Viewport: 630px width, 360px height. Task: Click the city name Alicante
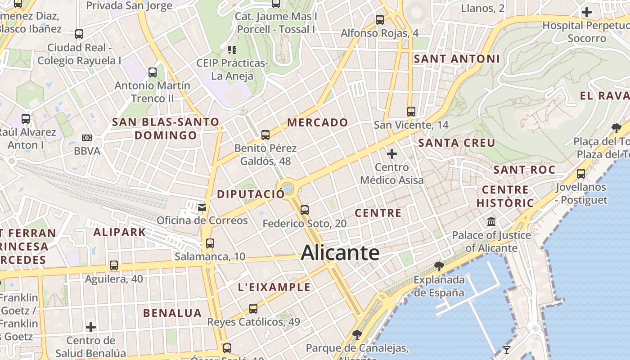(340, 253)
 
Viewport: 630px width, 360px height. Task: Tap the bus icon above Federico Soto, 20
(305, 210)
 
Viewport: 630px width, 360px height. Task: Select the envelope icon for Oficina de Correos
(202, 207)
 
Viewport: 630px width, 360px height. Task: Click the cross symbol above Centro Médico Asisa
(392, 154)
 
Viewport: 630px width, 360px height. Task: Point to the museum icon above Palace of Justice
(491, 222)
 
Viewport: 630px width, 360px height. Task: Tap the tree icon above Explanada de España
(439, 266)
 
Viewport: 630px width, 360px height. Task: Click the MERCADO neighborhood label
(318, 122)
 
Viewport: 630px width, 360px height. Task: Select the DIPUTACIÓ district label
(251, 194)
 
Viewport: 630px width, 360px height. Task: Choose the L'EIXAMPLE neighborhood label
(274, 287)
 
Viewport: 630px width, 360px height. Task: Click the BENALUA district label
(172, 313)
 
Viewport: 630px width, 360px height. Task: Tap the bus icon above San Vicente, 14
(411, 111)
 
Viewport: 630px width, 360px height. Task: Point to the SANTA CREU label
(457, 143)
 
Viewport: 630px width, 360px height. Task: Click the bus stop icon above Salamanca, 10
(210, 243)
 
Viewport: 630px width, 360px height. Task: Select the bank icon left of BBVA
(87, 138)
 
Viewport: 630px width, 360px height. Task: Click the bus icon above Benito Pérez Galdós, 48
(265, 135)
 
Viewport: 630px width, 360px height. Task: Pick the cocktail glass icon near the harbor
(507, 350)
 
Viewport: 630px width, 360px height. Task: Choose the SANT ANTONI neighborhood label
(457, 59)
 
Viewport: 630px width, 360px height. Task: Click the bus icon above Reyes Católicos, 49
(253, 308)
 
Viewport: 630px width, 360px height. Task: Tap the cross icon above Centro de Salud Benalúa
(91, 327)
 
